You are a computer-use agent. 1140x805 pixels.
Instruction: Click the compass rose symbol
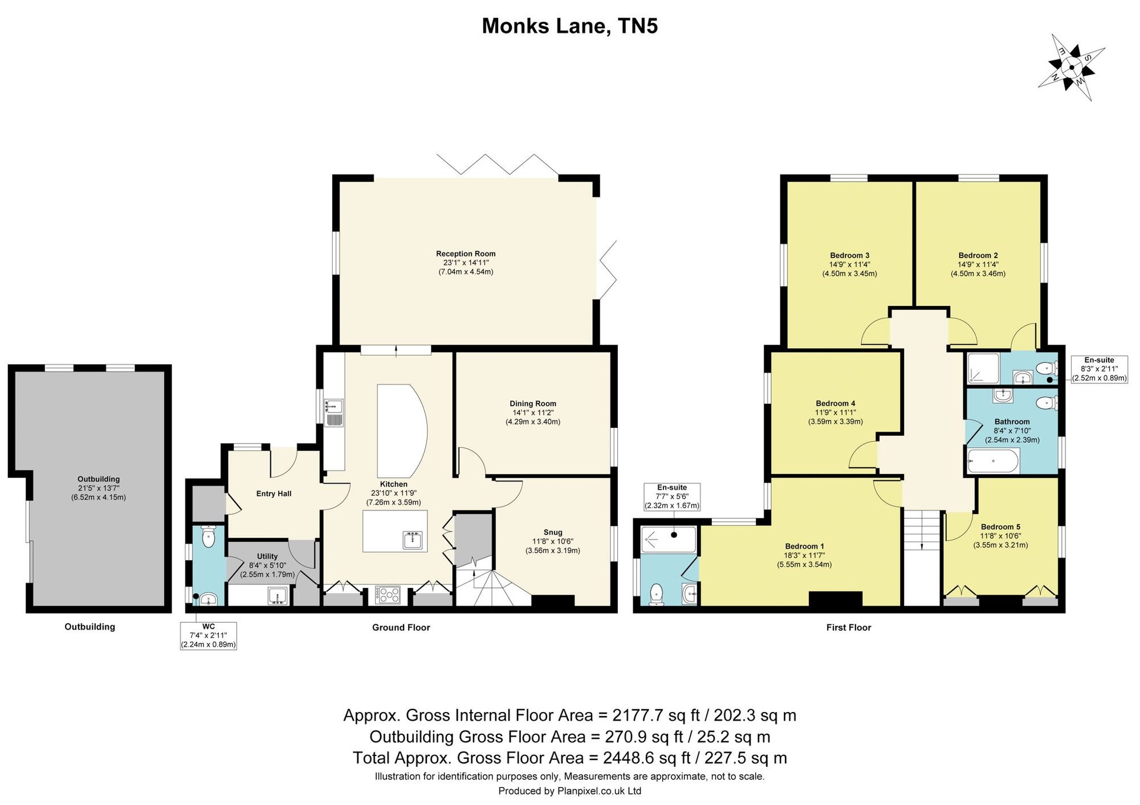click(x=1072, y=68)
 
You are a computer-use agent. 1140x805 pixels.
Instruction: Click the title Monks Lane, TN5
click(x=570, y=26)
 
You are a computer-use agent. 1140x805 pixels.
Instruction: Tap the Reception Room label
click(x=466, y=254)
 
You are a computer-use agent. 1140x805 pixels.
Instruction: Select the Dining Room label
click(x=533, y=404)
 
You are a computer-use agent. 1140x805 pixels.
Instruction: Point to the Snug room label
click(x=553, y=533)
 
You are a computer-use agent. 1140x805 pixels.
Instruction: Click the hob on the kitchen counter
click(x=388, y=595)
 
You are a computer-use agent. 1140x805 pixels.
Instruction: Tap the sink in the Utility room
click(x=279, y=596)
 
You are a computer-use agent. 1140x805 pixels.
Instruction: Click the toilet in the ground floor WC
click(x=209, y=536)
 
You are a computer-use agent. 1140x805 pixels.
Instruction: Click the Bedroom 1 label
click(x=804, y=546)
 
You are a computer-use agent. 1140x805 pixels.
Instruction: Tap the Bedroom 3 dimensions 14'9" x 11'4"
click(x=849, y=264)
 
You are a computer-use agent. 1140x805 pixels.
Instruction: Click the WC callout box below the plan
click(x=209, y=636)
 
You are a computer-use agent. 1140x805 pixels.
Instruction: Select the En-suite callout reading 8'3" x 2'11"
click(x=1100, y=369)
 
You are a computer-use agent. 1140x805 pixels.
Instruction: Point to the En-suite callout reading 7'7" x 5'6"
click(x=672, y=497)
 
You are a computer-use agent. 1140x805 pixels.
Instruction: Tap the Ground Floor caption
click(x=401, y=627)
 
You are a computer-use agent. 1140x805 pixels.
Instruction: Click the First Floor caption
click(x=849, y=627)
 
